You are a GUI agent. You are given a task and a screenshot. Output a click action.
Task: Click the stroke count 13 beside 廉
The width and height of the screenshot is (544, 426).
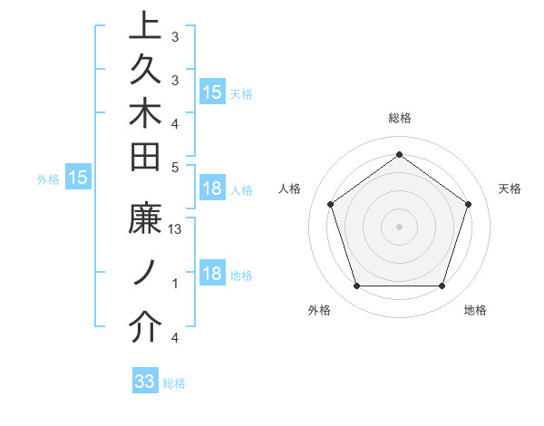point(176,230)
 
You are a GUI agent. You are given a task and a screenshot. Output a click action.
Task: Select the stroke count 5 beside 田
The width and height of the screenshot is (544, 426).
point(175,167)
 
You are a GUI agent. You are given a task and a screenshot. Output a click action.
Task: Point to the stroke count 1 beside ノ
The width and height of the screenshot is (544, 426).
point(175,284)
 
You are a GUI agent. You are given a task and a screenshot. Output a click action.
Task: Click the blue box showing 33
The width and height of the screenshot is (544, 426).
point(145,382)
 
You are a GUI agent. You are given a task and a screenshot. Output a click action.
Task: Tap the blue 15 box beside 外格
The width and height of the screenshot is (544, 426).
point(78,179)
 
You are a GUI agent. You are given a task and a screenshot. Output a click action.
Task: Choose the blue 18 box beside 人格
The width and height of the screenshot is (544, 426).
point(212,189)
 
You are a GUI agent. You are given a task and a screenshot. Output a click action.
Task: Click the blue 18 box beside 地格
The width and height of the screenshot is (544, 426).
point(212,274)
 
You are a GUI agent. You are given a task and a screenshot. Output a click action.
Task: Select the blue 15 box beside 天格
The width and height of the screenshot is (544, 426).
point(212,92)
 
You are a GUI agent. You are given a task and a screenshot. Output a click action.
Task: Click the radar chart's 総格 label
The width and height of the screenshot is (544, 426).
point(399,119)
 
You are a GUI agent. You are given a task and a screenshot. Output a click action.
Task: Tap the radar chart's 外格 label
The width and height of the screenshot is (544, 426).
point(319,311)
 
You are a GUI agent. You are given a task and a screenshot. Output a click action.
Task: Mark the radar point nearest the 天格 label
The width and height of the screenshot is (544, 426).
point(468,204)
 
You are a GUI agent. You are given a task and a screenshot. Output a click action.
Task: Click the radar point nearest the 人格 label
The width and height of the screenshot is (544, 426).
point(330,204)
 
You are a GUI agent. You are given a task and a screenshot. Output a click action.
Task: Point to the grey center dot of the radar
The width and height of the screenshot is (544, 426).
point(399,227)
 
